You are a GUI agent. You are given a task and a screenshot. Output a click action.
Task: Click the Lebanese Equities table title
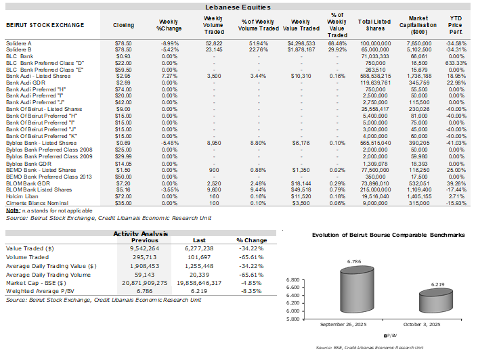[238, 7]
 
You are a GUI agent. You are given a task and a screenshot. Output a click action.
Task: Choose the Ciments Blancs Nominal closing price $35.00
[123, 183]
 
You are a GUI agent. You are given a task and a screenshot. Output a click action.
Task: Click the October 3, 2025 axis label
[420, 325]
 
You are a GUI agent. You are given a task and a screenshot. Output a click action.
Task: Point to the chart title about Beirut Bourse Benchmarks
[379, 234]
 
